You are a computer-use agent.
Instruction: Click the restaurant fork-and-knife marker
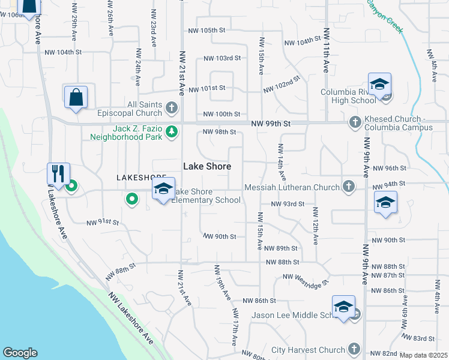pyautogui.click(x=58, y=174)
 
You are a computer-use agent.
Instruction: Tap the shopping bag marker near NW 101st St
pyautogui.click(x=76, y=97)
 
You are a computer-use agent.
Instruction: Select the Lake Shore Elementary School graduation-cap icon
pyautogui.click(x=163, y=188)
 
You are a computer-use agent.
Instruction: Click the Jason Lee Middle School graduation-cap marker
pyautogui.click(x=343, y=307)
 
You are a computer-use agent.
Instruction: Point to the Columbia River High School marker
pyautogui.click(x=379, y=85)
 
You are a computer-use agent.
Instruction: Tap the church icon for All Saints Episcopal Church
pyautogui.click(x=172, y=109)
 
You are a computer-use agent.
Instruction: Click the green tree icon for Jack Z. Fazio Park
pyautogui.click(x=172, y=131)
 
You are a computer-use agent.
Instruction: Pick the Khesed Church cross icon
pyautogui.click(x=355, y=122)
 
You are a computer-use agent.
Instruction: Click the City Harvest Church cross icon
pyautogui.click(x=354, y=349)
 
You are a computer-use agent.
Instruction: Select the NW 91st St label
pyautogui.click(x=103, y=222)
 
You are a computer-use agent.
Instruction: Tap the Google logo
pyautogui.click(x=20, y=353)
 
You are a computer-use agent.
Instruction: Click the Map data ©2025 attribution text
pyautogui.click(x=424, y=355)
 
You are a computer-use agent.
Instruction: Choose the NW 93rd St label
pyautogui.click(x=288, y=204)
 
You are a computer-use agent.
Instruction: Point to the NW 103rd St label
pyautogui.click(x=221, y=58)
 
